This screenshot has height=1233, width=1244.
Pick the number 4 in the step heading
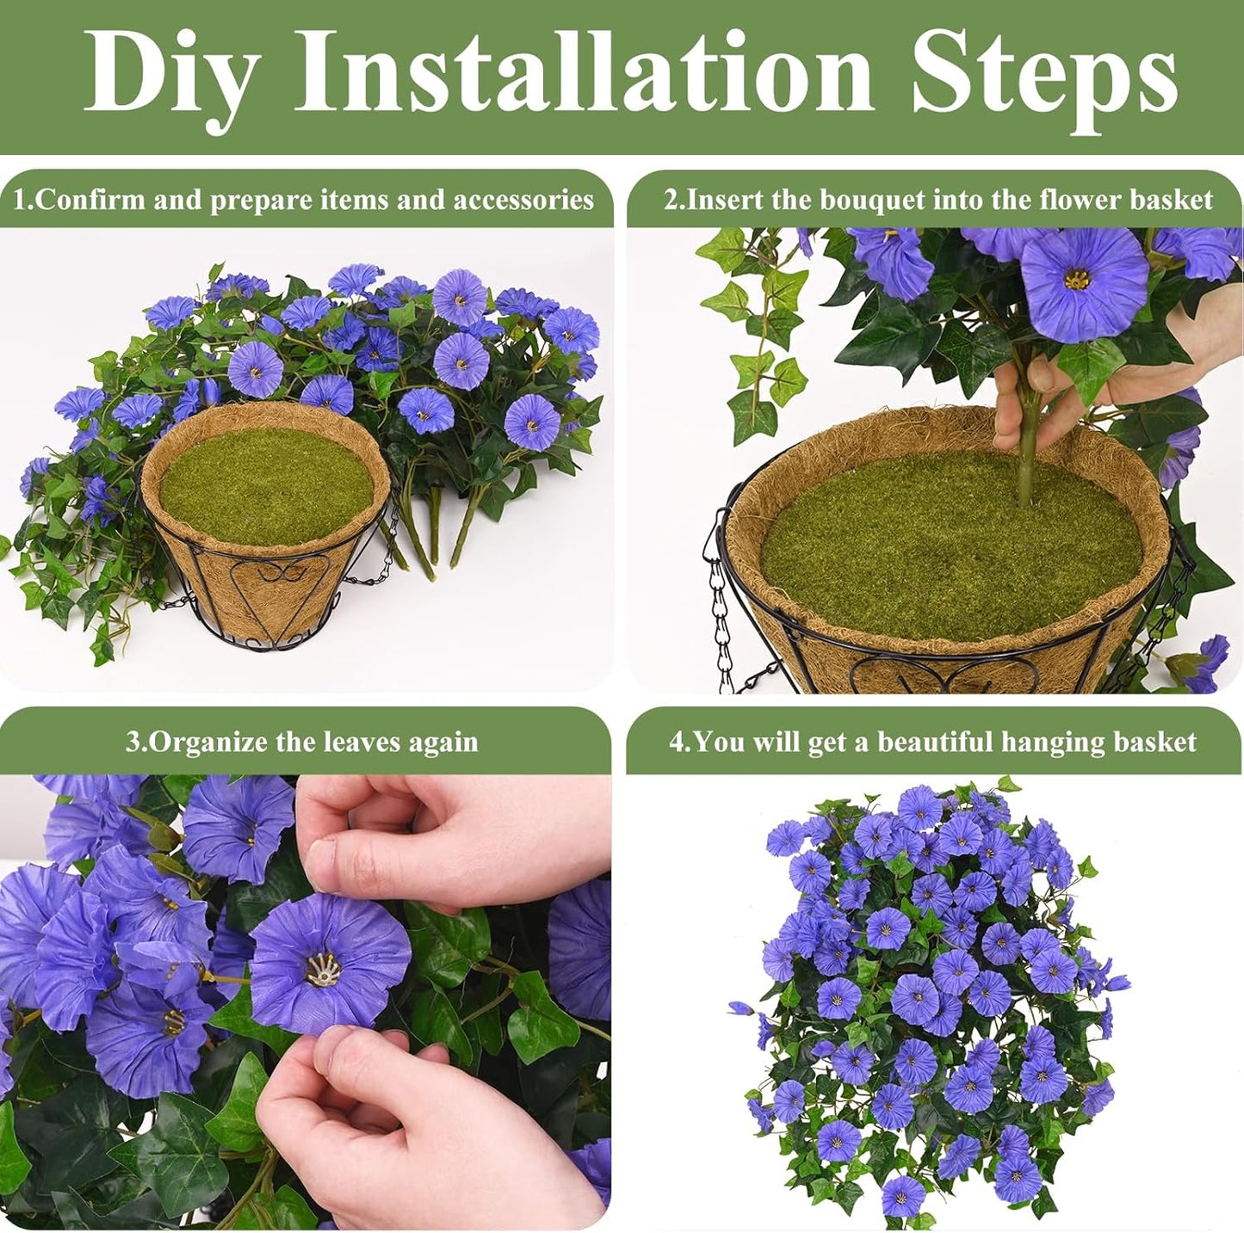tap(676, 743)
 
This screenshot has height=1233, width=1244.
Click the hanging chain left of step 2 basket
tap(718, 620)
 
